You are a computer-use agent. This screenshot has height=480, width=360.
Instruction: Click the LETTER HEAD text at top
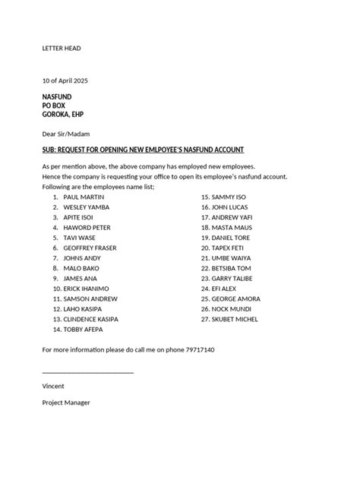click(x=61, y=49)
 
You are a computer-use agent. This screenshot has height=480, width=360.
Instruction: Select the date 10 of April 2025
click(x=65, y=81)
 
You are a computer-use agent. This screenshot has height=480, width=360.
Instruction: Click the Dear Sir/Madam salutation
click(x=65, y=133)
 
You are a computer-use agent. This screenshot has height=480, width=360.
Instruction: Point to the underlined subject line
click(x=143, y=150)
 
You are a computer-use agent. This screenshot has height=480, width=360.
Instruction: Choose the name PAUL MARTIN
click(x=86, y=196)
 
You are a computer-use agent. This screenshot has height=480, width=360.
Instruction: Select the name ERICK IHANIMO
click(x=87, y=289)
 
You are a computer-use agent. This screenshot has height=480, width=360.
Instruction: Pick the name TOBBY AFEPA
click(x=84, y=330)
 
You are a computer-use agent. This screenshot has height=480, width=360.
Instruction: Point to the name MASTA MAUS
click(x=231, y=227)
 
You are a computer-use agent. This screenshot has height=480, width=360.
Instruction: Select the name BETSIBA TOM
click(x=232, y=268)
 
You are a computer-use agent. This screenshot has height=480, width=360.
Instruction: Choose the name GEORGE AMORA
click(x=236, y=299)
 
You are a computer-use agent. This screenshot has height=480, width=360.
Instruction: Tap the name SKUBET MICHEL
click(x=236, y=320)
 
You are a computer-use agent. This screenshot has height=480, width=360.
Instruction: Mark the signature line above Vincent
click(x=87, y=371)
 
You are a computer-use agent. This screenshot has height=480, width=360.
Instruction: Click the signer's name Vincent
click(x=53, y=386)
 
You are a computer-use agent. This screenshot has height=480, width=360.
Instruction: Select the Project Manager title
click(x=66, y=403)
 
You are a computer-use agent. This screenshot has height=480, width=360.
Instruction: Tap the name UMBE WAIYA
click(x=232, y=257)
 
